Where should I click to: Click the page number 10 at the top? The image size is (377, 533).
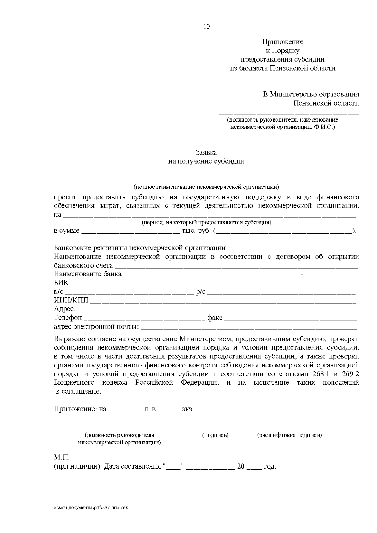206,27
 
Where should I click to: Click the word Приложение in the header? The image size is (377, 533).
283,42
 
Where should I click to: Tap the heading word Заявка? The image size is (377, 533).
206,153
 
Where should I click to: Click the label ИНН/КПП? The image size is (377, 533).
71,301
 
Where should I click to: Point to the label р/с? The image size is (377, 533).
201,292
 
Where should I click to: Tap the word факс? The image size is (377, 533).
215,318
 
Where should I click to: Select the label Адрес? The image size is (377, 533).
65,309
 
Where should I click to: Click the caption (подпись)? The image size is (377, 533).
215,435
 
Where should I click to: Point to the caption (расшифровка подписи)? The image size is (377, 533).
289,435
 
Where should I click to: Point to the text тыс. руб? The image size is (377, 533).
196,231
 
